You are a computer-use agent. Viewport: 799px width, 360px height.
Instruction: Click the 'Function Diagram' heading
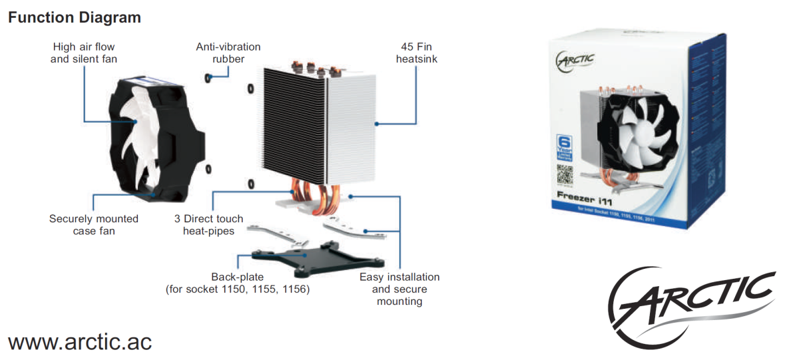coord(74,18)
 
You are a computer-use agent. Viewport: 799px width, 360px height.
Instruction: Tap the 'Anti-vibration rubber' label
coord(228,53)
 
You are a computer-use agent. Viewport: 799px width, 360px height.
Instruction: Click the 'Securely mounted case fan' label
coord(94,224)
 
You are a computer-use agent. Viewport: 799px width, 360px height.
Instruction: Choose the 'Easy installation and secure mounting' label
coord(400,289)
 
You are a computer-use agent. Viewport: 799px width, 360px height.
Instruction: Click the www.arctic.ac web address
coord(80,341)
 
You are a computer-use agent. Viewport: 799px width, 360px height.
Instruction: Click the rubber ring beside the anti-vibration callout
coord(209,78)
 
